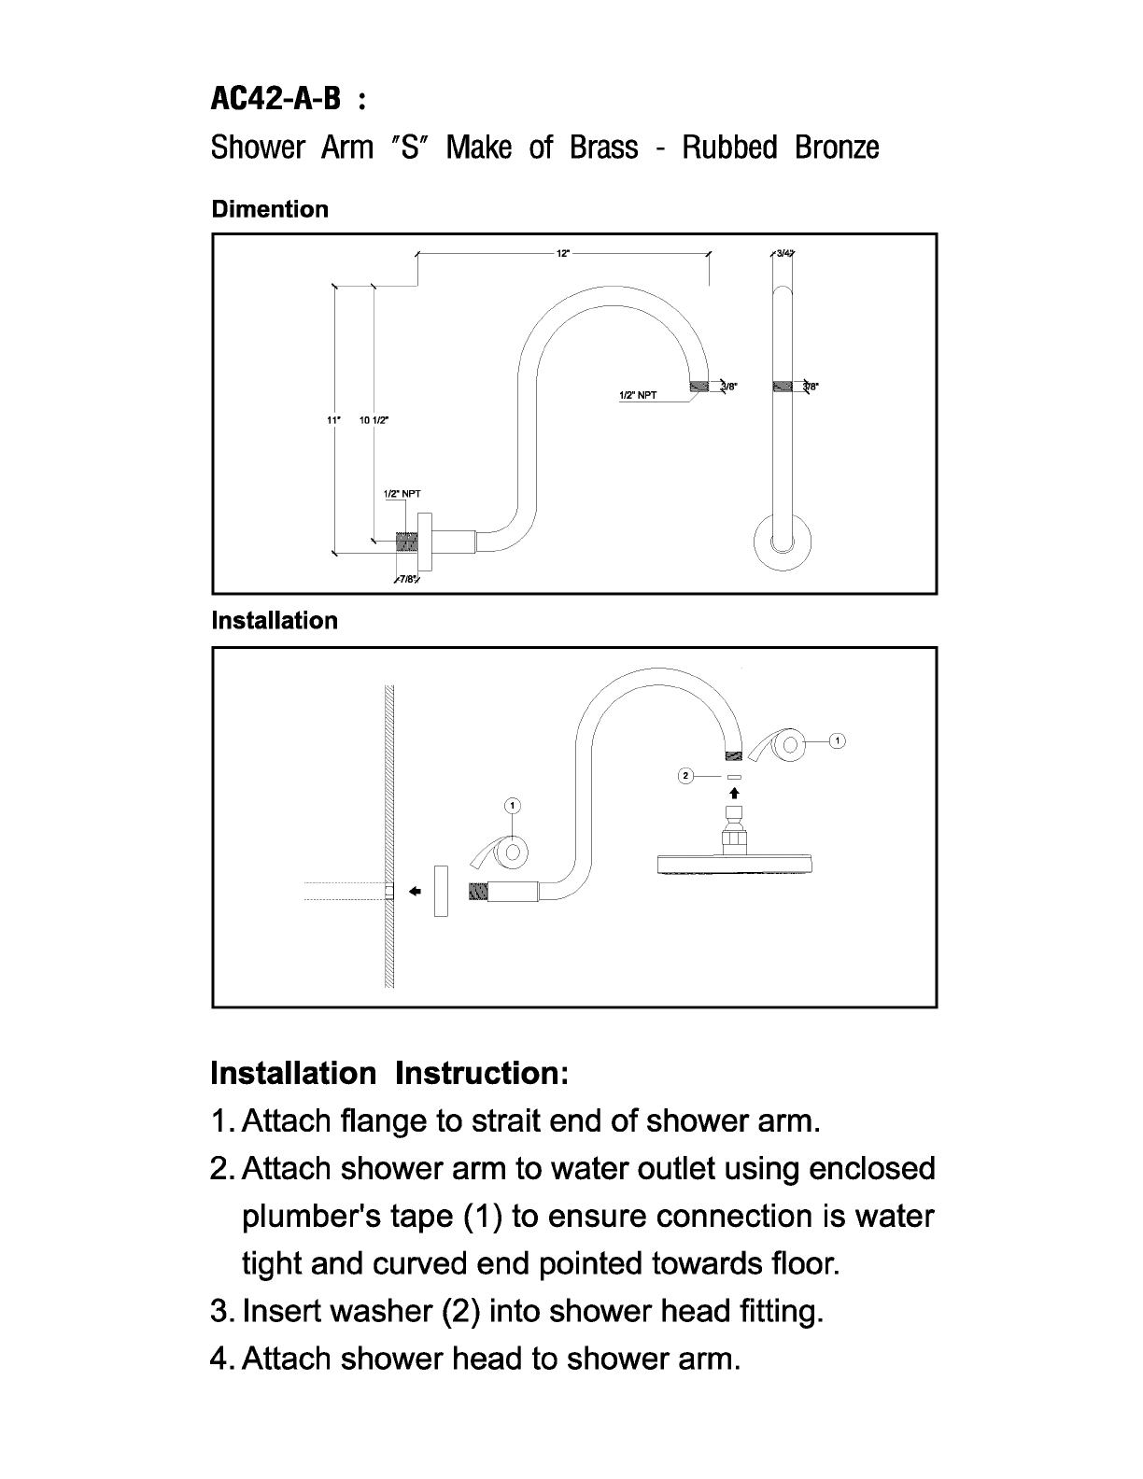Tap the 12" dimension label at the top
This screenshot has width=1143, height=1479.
click(x=563, y=253)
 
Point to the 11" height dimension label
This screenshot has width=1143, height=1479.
click(x=332, y=420)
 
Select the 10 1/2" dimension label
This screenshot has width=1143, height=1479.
click(x=374, y=420)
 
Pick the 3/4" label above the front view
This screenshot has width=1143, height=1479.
click(x=784, y=253)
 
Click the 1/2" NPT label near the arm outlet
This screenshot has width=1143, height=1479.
click(x=639, y=396)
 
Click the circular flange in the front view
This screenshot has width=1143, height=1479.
click(x=783, y=542)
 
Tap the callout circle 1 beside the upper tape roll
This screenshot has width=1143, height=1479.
click(x=838, y=741)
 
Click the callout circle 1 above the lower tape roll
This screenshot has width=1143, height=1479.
click(x=513, y=805)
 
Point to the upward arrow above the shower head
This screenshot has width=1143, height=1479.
click(x=734, y=792)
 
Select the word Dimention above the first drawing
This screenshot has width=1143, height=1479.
click(x=270, y=209)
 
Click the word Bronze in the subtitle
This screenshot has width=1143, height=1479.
click(x=837, y=148)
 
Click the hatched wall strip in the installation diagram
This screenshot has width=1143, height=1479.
click(x=389, y=837)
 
